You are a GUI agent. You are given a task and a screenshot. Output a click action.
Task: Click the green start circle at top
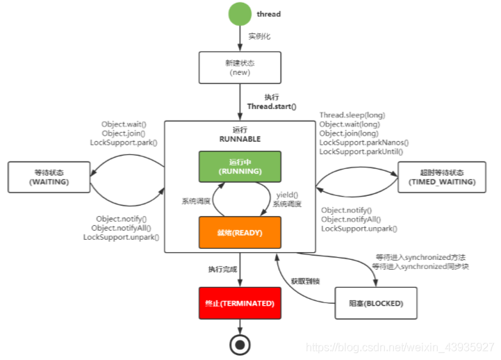pyautogui.click(x=240, y=14)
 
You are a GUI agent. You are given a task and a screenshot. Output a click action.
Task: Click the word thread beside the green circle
pyautogui.click(x=268, y=13)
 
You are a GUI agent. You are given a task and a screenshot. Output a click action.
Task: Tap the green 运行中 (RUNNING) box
pyautogui.click(x=240, y=166)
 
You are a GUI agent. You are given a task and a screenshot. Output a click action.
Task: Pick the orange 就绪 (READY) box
pyautogui.click(x=240, y=232)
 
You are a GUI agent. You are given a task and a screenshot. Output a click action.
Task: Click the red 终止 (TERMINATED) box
pyautogui.click(x=240, y=303)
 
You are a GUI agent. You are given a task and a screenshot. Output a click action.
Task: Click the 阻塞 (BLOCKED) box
pyautogui.click(x=376, y=303)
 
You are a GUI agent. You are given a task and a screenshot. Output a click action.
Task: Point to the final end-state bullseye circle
pyautogui.click(x=240, y=344)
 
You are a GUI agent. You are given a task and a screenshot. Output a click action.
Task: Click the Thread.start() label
pyautogui.click(x=272, y=106)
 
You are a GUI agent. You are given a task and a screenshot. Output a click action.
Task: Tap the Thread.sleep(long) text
pyautogui.click(x=352, y=115)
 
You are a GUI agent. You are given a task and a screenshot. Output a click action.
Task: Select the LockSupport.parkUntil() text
pyautogui.click(x=361, y=151)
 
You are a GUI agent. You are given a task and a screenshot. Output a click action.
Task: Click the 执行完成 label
pyautogui.click(x=222, y=268)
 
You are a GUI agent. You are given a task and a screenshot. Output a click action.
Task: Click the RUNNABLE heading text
pyautogui.click(x=240, y=139)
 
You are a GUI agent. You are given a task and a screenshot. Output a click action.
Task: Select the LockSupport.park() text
pyautogui.click(x=124, y=142)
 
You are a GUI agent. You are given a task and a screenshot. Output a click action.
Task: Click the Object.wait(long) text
pyautogui.click(x=349, y=124)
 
